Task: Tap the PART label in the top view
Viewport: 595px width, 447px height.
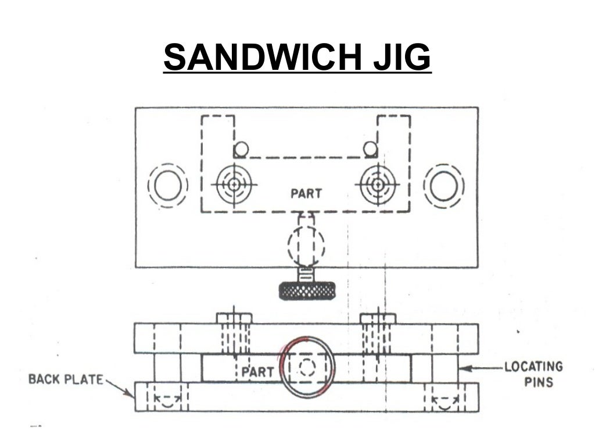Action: pos(306,193)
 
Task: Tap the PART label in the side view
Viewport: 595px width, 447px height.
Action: pos(257,371)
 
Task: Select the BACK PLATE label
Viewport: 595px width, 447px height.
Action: pos(66,379)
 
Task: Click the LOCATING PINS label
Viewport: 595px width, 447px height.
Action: pos(533,374)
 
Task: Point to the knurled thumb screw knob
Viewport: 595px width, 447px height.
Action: pos(306,290)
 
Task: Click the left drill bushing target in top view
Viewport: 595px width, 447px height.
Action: pos(234,184)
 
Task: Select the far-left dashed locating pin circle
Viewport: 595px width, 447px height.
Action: pos(168,186)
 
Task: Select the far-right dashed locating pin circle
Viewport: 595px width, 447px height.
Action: pos(444,186)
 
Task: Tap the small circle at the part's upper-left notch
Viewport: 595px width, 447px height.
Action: pos(241,150)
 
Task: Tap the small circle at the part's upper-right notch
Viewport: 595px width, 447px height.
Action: pos(370,149)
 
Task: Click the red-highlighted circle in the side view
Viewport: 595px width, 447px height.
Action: pos(306,367)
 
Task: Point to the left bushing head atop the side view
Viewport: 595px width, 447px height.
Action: pos(234,318)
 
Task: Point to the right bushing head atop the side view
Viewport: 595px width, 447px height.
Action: pos(378,318)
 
